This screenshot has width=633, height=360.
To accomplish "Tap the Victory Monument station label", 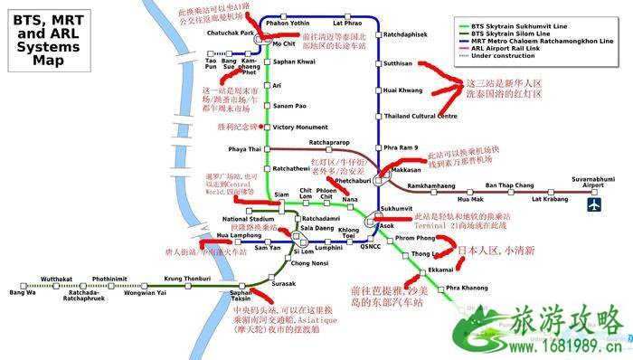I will [299, 128].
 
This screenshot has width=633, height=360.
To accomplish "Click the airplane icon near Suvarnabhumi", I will [594, 205].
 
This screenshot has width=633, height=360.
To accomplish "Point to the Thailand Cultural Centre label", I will [420, 116].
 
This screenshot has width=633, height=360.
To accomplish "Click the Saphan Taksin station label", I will [240, 297].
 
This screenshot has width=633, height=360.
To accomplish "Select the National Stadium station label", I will [248, 219].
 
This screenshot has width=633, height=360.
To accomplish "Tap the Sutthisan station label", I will [398, 64].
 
